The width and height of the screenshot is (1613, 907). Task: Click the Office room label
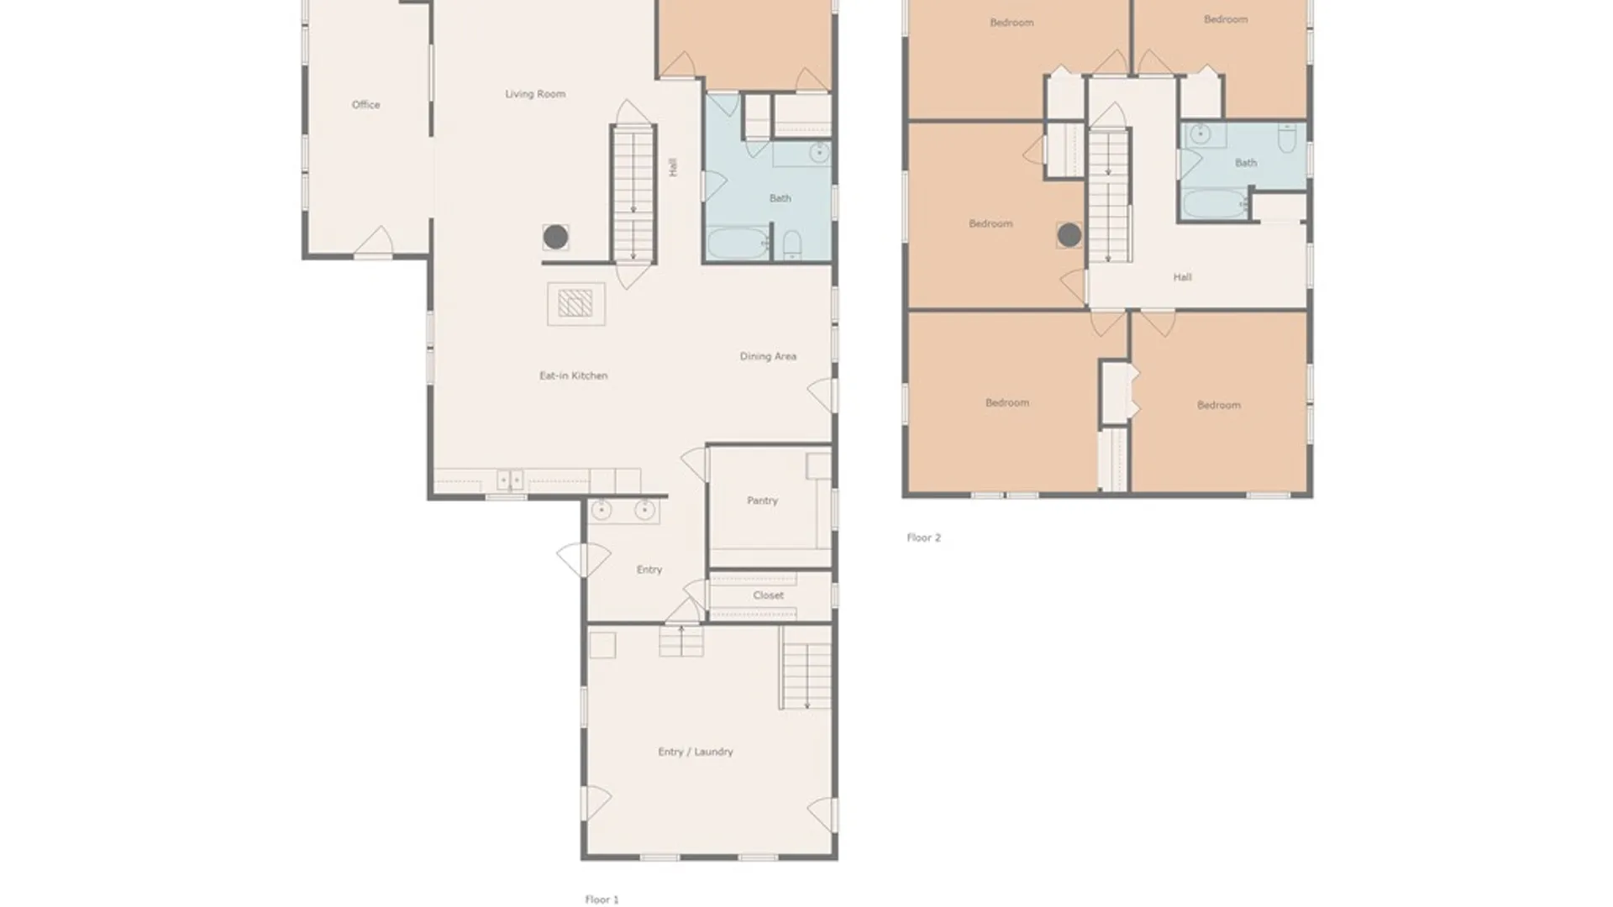tap(365, 105)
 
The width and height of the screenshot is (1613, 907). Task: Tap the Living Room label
tap(535, 94)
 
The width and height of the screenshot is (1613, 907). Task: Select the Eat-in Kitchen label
tap(573, 375)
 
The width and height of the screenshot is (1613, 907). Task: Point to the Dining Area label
tap(768, 356)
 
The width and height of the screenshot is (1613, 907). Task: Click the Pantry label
tap(762, 501)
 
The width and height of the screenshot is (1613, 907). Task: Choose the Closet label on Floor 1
tap(768, 595)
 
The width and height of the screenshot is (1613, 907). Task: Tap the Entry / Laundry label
tap(696, 752)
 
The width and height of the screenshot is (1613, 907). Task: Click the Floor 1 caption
tap(602, 899)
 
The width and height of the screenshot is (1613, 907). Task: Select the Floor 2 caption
tap(923, 537)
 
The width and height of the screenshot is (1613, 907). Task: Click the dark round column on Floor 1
tap(555, 237)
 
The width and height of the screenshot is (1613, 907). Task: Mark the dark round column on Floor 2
tap(1069, 235)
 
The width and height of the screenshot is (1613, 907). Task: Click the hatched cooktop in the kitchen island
tap(575, 303)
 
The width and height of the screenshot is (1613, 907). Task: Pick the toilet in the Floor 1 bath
tap(791, 244)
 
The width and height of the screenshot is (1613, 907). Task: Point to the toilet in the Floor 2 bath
tap(1286, 138)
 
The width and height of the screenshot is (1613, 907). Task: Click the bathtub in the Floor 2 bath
tap(1216, 204)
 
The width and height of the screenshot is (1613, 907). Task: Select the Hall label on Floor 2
tap(1182, 277)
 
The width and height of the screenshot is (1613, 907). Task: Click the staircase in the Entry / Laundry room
tap(806, 668)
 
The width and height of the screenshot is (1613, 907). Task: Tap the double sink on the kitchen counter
tap(510, 480)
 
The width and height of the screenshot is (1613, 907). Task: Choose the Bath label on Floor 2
tap(1246, 163)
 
